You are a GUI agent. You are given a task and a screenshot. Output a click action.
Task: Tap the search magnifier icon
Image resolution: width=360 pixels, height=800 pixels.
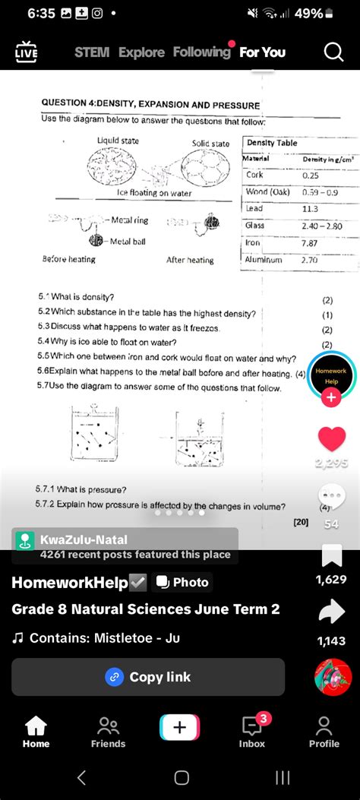point(333,52)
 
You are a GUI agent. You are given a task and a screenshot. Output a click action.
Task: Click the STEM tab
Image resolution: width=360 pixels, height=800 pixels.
point(92,52)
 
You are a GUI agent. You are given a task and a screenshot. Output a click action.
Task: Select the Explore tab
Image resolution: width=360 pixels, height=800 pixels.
point(141,52)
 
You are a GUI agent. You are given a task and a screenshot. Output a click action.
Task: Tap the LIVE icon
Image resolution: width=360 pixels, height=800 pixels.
point(26,52)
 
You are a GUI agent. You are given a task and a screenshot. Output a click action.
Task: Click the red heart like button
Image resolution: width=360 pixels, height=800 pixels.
point(332,439)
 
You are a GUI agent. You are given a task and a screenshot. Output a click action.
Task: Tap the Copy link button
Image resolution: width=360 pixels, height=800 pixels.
point(148,677)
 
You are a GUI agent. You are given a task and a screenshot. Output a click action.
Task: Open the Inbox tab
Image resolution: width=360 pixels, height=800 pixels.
point(252,731)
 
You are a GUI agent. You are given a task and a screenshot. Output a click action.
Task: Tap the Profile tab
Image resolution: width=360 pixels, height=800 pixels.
point(324,731)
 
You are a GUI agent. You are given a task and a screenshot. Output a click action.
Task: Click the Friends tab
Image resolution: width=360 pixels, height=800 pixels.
point(108,731)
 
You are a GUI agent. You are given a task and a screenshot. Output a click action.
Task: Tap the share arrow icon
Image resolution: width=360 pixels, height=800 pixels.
point(332,612)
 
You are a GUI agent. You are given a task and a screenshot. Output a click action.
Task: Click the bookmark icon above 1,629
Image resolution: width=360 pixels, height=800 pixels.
point(332,555)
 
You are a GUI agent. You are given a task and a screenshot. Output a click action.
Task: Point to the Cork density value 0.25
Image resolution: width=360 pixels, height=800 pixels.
point(311,175)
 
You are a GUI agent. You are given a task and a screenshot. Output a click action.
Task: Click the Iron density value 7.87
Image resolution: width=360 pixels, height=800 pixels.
point(309,243)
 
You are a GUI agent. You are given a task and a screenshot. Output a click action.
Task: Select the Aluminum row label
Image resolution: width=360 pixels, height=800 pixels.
point(264,260)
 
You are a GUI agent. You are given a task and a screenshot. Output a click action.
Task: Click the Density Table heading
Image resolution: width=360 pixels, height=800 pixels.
point(272,143)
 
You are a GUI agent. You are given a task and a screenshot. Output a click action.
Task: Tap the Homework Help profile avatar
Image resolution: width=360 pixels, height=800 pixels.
point(331,375)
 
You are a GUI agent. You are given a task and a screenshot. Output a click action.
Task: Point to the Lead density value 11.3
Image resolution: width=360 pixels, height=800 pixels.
point(310,209)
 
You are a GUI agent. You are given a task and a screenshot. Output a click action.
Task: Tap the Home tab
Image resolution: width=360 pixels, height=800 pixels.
point(36,731)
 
